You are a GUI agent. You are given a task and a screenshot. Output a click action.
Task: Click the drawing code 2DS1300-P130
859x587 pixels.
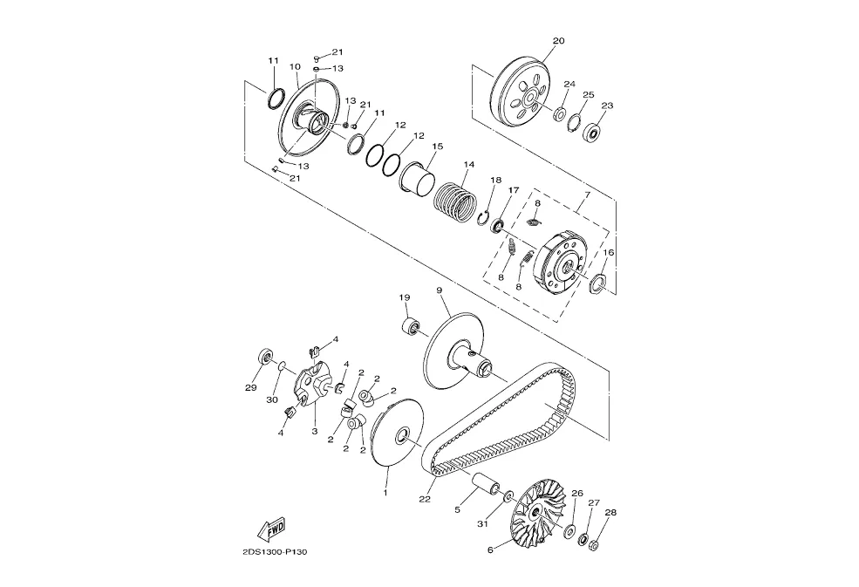coord(275,552)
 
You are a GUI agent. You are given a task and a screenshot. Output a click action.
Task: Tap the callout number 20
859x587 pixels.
coord(558,41)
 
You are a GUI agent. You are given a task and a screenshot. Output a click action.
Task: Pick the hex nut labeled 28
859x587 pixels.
coord(593,544)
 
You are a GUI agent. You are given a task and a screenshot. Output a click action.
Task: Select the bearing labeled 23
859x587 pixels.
coord(592,133)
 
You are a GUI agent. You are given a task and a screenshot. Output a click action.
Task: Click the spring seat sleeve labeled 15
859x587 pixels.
coord(418,178)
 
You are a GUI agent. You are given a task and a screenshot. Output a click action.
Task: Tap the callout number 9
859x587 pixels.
coord(440,290)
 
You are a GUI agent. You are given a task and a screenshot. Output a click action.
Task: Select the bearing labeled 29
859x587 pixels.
coord(266,357)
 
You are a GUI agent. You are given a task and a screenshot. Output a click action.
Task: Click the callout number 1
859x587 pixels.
coord(385,493)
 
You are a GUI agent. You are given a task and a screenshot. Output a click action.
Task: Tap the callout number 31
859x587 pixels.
coord(482,524)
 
